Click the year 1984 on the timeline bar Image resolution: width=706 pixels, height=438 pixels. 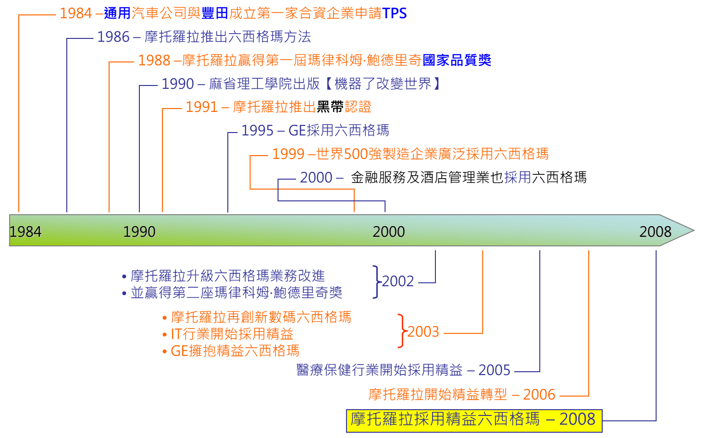click(25, 232)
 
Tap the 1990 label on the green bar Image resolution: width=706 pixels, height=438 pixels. click(139, 232)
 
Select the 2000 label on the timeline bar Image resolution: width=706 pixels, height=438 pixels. click(389, 232)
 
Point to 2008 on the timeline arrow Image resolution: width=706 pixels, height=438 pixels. click(655, 232)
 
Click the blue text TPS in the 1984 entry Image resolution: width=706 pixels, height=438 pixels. click(395, 13)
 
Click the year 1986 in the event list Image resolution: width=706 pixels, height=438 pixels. click(113, 37)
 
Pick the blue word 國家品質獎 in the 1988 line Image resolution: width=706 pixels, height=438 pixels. click(457, 61)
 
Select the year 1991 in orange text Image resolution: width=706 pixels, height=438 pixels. click(202, 107)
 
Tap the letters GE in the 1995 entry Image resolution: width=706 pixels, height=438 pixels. click(297, 131)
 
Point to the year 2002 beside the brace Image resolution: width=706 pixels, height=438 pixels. click(398, 281)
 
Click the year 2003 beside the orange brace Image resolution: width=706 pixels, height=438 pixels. click(423, 332)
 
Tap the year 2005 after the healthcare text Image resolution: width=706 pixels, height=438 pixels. click(494, 370)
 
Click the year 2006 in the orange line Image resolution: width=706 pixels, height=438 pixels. click(539, 395)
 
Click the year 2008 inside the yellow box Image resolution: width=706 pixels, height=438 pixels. click(577, 419)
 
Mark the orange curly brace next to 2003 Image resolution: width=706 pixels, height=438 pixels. click(401, 331)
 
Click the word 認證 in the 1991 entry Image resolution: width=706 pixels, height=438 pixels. click(358, 107)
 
